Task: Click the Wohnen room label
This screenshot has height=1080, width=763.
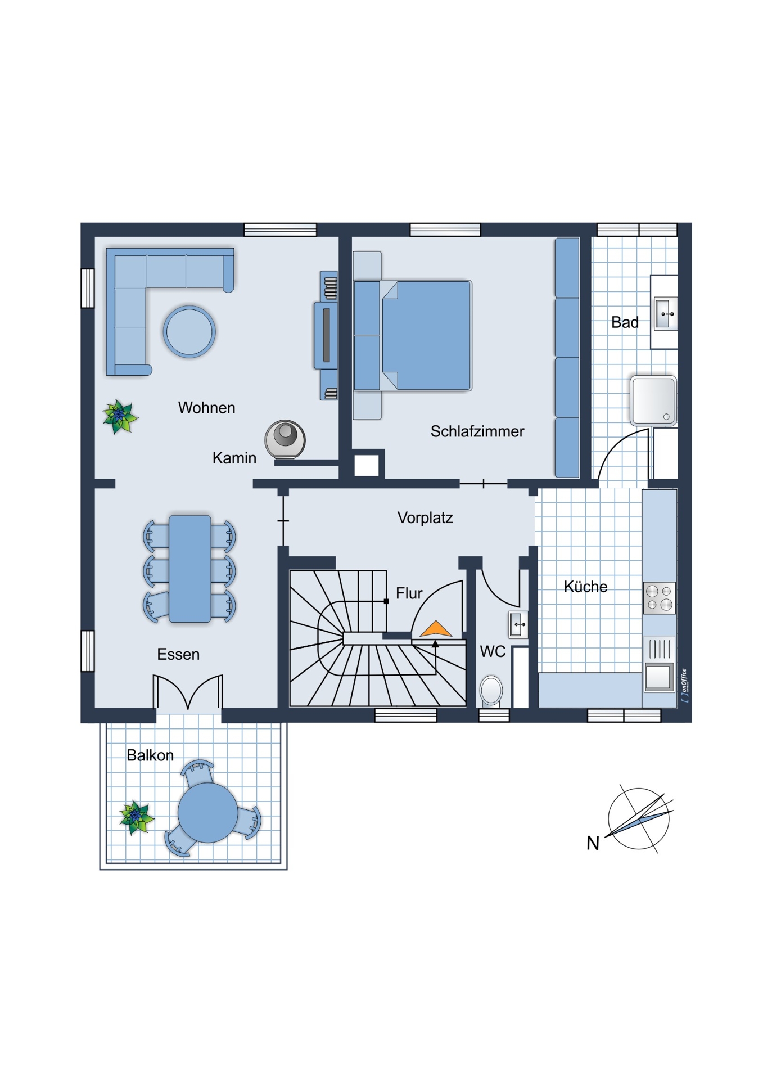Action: pyautogui.click(x=206, y=407)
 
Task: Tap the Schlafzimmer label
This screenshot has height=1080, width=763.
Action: pyautogui.click(x=477, y=431)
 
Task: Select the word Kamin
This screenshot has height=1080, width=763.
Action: pyautogui.click(x=234, y=458)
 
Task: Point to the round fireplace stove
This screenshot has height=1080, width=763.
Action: pyautogui.click(x=285, y=439)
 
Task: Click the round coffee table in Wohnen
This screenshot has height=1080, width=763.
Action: pyautogui.click(x=189, y=331)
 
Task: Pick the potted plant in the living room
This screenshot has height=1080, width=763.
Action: pyautogui.click(x=120, y=416)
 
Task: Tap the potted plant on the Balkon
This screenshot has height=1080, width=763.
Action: pyautogui.click(x=136, y=817)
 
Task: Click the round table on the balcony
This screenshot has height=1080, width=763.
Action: pyautogui.click(x=207, y=813)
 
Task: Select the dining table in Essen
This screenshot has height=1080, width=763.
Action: pyautogui.click(x=190, y=569)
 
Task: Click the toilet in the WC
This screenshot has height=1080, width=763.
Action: pyautogui.click(x=491, y=690)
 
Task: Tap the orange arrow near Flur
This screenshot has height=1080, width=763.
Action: pyautogui.click(x=436, y=628)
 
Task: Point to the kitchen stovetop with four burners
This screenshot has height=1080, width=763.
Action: pyautogui.click(x=659, y=598)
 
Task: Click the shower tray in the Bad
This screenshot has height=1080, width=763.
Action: pyautogui.click(x=653, y=400)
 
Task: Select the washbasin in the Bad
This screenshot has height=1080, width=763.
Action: pyautogui.click(x=666, y=313)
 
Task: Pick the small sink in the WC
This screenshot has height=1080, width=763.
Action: pyautogui.click(x=518, y=624)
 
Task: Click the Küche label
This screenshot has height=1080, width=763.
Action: pyautogui.click(x=585, y=587)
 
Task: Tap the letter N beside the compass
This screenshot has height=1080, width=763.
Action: pyautogui.click(x=593, y=843)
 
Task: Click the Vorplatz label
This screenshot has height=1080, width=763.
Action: pyautogui.click(x=425, y=517)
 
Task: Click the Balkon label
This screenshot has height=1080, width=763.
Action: pyautogui.click(x=150, y=755)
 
